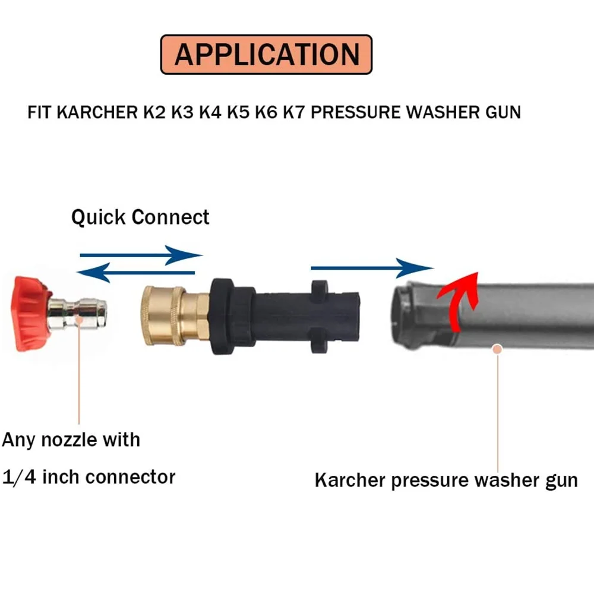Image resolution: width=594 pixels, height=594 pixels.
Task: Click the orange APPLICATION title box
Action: tap(267, 54)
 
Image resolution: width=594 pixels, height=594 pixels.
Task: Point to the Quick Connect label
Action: tap(140, 217)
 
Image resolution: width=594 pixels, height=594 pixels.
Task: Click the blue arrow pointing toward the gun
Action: tap(372, 268)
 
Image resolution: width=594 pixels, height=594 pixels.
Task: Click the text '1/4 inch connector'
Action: tap(89, 476)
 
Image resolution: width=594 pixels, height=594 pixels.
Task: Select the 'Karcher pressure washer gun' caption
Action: tap(446, 480)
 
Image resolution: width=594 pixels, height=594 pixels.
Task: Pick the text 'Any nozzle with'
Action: tap(71, 440)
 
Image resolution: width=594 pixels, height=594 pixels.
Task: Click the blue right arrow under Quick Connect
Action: tap(141, 256)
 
